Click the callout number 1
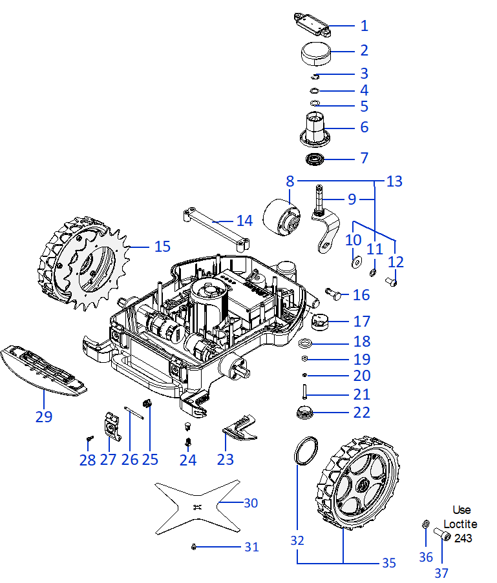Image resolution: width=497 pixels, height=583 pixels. [x=364, y=26]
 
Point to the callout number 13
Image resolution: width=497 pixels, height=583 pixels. [x=394, y=182]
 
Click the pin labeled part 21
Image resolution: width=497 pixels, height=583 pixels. [x=304, y=392]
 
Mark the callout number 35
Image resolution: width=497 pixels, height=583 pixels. [x=388, y=563]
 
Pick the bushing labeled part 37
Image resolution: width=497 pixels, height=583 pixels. [x=442, y=535]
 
